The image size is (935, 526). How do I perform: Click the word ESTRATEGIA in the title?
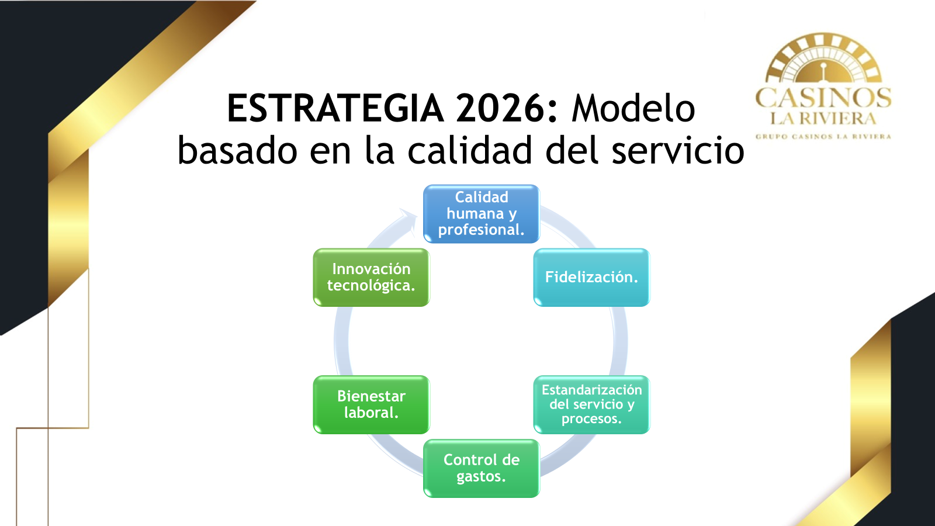pyautogui.click(x=335, y=109)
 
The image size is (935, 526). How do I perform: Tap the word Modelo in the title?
pyautogui.click(x=633, y=109)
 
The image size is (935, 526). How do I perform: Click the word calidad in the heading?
pyautogui.click(x=470, y=150)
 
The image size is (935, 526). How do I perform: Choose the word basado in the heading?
pyautogui.click(x=237, y=150)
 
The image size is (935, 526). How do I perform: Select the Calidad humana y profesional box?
pyautogui.click(x=482, y=214)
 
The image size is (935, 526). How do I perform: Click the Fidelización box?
pyautogui.click(x=591, y=277)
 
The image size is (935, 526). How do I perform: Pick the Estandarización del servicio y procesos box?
pyautogui.click(x=591, y=404)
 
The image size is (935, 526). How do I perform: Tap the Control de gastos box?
pyautogui.click(x=482, y=468)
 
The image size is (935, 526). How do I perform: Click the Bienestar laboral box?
pyautogui.click(x=371, y=404)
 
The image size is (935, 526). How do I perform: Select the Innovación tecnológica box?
pyautogui.click(x=371, y=277)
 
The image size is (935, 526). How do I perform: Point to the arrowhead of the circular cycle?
pyautogui.click(x=408, y=220)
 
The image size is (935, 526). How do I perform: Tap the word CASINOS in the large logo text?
pyautogui.click(x=823, y=98)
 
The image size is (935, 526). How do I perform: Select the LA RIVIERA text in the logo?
pyautogui.click(x=823, y=119)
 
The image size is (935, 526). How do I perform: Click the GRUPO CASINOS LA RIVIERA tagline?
pyautogui.click(x=823, y=137)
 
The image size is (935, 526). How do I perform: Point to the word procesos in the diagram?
pyautogui.click(x=591, y=418)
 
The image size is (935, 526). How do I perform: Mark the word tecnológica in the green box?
pyautogui.click(x=371, y=286)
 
